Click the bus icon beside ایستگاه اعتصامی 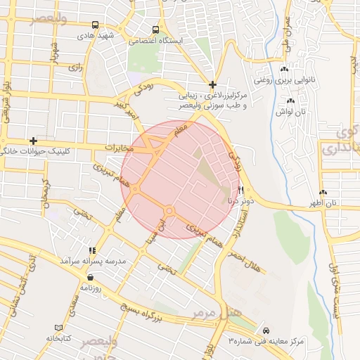click(x=155, y=30)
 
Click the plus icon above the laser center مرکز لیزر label click(x=212, y=84)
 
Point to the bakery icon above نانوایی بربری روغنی click(x=284, y=69)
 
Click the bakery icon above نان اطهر click(x=323, y=192)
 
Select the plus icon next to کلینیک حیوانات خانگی click(x=32, y=141)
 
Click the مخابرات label click(x=119, y=148)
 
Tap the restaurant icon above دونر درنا click(x=240, y=190)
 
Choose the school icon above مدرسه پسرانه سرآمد click(x=91, y=250)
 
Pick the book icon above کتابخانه click(x=58, y=328)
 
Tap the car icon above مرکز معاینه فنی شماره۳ click(x=265, y=330)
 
